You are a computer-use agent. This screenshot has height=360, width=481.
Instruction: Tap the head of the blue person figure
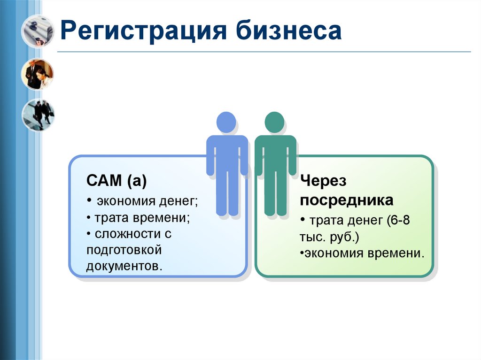pyautogui.click(x=226, y=122)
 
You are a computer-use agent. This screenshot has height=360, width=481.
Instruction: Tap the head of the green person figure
pyautogui.click(x=274, y=122)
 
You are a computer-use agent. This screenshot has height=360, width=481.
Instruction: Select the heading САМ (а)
pyautogui.click(x=116, y=181)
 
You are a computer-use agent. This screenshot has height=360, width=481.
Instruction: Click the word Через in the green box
pyautogui.click(x=323, y=181)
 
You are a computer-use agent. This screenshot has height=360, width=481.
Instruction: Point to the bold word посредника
pyautogui.click(x=347, y=200)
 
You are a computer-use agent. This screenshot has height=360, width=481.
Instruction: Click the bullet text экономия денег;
pyautogui.click(x=147, y=201)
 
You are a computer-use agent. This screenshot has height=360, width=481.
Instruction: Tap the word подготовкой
pyautogui.click(x=124, y=250)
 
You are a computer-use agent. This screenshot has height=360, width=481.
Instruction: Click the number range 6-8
pyautogui.click(x=399, y=221)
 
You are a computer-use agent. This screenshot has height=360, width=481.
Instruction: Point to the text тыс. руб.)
pyautogui.click(x=330, y=237)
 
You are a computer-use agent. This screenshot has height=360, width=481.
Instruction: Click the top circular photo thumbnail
pyautogui.click(x=37, y=31)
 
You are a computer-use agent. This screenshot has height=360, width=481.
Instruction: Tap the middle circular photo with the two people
pyautogui.click(x=37, y=74)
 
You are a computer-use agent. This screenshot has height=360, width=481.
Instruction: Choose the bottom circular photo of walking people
pyautogui.click(x=38, y=115)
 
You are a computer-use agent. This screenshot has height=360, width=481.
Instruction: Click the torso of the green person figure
pyautogui.click(x=275, y=155)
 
